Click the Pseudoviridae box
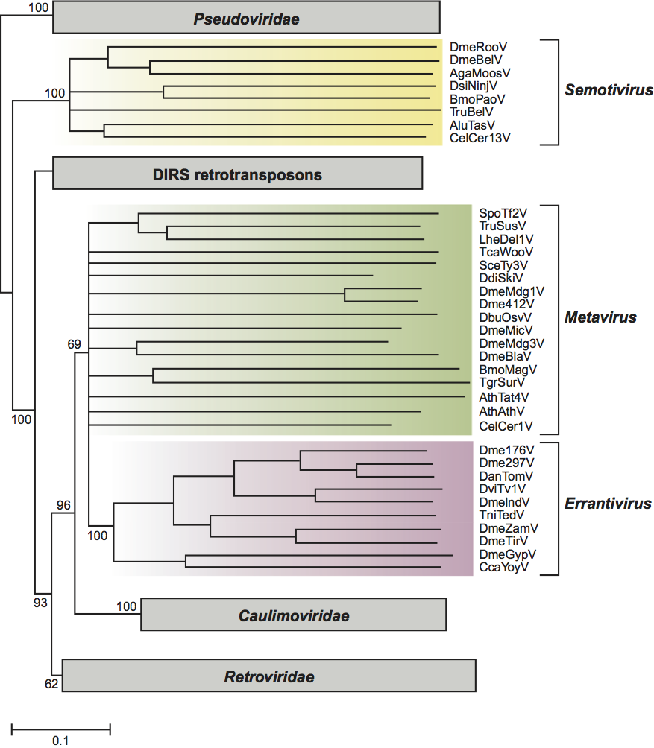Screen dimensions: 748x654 pyautogui.click(x=246, y=19)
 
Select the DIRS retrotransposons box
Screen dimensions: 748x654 pyautogui.click(x=237, y=175)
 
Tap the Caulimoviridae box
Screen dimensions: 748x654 pyautogui.click(x=293, y=615)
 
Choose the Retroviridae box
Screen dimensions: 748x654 pyautogui.click(x=269, y=677)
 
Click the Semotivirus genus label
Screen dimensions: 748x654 pyautogui.click(x=609, y=91)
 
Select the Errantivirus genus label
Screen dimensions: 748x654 pyautogui.click(x=608, y=504)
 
